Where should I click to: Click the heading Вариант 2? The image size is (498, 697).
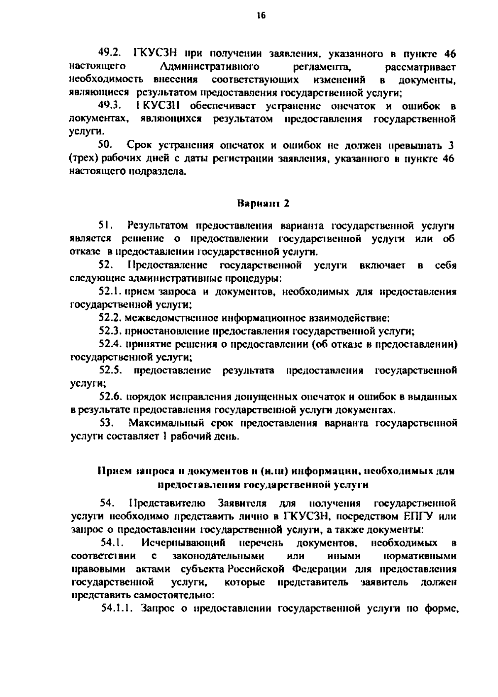[263, 204]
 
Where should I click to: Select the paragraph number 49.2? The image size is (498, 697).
[109, 53]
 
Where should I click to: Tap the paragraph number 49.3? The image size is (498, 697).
[109, 106]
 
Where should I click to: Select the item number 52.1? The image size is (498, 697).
[111, 292]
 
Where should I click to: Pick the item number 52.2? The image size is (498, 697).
[111, 318]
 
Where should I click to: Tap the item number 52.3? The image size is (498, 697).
[111, 331]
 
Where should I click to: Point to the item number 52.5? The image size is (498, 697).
[111, 370]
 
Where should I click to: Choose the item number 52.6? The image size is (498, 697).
[111, 397]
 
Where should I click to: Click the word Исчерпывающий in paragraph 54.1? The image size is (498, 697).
[183, 543]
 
